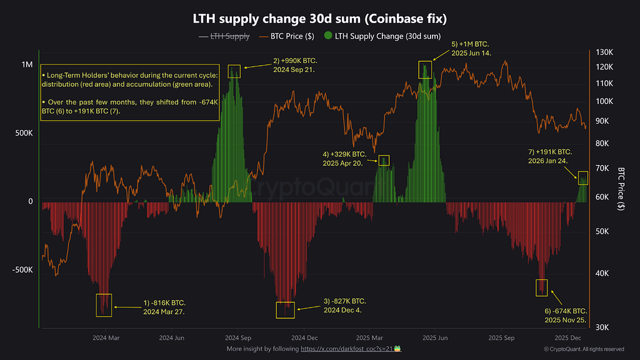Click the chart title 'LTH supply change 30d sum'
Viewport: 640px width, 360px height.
[x=320, y=19]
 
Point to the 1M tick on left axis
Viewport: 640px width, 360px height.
[x=27, y=65]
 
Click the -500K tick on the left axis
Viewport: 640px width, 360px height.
[x=22, y=269]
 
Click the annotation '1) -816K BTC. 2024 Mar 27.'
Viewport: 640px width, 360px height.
[x=164, y=306]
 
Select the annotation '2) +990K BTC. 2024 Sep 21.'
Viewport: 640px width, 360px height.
[x=295, y=65]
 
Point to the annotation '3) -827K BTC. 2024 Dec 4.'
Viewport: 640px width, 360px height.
[x=345, y=306]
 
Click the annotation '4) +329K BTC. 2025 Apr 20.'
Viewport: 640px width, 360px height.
[x=344, y=157]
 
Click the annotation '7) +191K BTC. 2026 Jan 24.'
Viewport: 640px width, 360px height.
[x=550, y=156]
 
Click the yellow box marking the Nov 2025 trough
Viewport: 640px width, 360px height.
[x=541, y=287]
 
